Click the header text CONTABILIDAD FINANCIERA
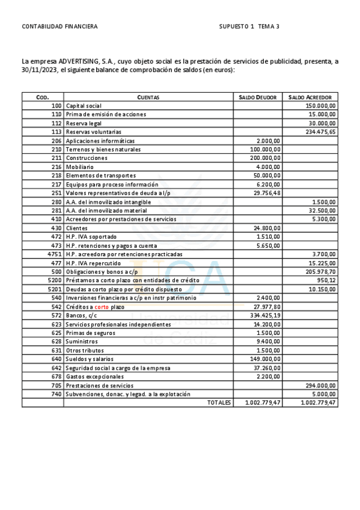[x=59, y=26]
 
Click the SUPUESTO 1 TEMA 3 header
[x=249, y=26]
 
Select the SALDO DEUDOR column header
[x=258, y=97]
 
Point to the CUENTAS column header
[x=148, y=97]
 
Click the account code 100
[x=56, y=105]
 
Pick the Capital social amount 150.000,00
[x=321, y=105]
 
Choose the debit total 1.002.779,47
[x=263, y=402]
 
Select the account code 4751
[x=55, y=254]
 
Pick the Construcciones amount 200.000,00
[x=265, y=158]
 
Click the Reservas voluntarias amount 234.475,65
[x=321, y=132]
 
